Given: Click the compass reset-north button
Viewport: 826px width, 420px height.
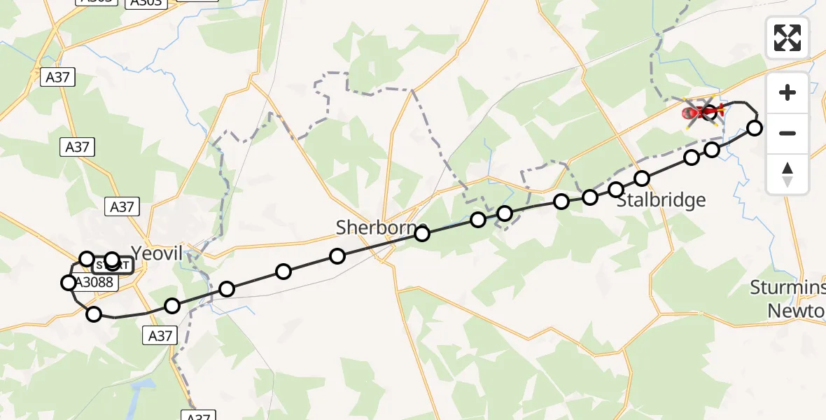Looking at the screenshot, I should [787, 174].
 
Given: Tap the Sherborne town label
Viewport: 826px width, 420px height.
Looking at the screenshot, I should [381, 227].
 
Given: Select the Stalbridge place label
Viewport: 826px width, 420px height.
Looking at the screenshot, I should [661, 201].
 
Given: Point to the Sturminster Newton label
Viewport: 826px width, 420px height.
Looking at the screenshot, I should [788, 298].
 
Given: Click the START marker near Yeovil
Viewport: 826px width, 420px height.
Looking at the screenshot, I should [112, 265].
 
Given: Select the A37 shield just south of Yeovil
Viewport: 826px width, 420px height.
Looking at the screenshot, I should [160, 336].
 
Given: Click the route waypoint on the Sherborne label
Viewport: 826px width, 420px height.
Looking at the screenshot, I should [422, 234].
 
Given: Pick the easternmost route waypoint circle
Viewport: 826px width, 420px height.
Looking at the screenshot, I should [755, 127].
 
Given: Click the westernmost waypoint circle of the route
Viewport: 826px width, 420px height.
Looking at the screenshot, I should [68, 283].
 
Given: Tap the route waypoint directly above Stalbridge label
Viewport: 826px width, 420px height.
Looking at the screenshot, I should [642, 178].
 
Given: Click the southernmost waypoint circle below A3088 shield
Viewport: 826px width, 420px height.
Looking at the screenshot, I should [94, 314].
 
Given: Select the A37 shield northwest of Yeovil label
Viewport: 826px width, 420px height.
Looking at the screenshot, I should [122, 206].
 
